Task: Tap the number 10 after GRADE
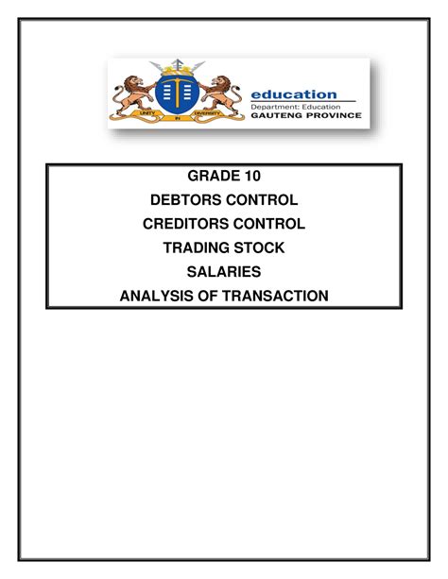251,176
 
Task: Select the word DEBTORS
185,200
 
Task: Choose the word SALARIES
224,272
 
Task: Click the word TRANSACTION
275,296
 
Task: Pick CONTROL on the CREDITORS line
269,224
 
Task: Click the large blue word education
294,94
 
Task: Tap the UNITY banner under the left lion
147,113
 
